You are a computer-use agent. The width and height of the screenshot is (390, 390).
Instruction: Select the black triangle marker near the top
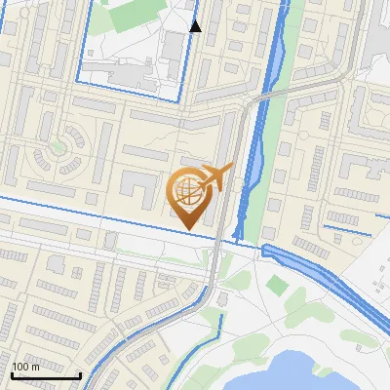196,26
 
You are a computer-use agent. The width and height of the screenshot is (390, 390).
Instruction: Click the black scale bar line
45,375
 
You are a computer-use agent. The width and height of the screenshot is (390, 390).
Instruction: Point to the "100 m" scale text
25,367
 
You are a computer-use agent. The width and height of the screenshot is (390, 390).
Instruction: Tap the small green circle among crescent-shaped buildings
58,147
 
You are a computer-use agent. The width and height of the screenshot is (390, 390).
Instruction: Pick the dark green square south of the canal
278,285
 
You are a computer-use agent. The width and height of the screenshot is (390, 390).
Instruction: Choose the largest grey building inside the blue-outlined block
174,45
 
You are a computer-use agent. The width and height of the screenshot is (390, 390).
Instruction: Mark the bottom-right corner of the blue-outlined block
181,98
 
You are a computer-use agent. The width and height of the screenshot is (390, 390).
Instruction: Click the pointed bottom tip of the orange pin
189,229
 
